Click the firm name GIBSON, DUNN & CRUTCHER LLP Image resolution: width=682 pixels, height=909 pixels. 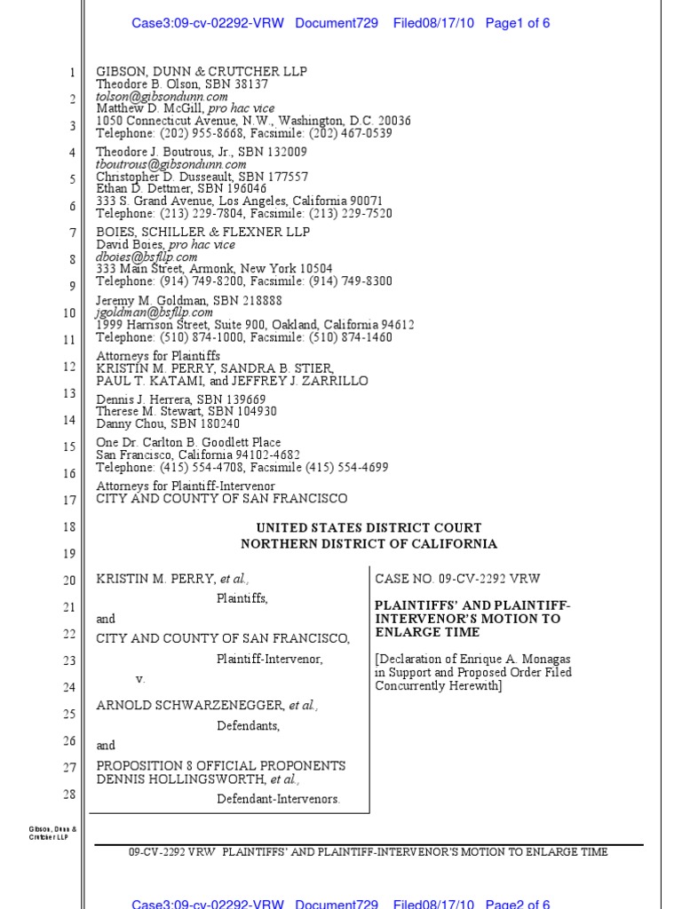[202, 71]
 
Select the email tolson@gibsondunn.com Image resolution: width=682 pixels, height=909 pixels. [162, 96]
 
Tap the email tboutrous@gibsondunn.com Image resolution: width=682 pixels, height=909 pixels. [171, 164]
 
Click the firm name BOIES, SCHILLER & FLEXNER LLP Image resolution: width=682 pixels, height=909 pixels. [203, 232]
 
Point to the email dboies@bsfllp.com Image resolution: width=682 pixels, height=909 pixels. [147, 257]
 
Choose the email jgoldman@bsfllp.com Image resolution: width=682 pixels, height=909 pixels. [155, 312]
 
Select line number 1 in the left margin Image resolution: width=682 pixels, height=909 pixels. [72, 73]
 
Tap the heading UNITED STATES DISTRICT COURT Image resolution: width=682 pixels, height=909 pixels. [369, 528]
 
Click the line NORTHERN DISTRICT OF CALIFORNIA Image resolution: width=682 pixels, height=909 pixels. [369, 544]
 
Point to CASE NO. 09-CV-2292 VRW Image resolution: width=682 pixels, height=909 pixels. [457, 579]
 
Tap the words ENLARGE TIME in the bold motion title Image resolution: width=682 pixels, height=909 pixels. [427, 632]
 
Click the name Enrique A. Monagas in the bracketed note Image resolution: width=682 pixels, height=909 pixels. [537, 659]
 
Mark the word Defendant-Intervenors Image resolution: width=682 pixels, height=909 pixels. [278, 799]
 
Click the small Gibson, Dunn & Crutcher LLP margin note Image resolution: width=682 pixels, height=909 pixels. [52, 834]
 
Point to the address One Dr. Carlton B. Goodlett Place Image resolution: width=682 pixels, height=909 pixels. [188, 442]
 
